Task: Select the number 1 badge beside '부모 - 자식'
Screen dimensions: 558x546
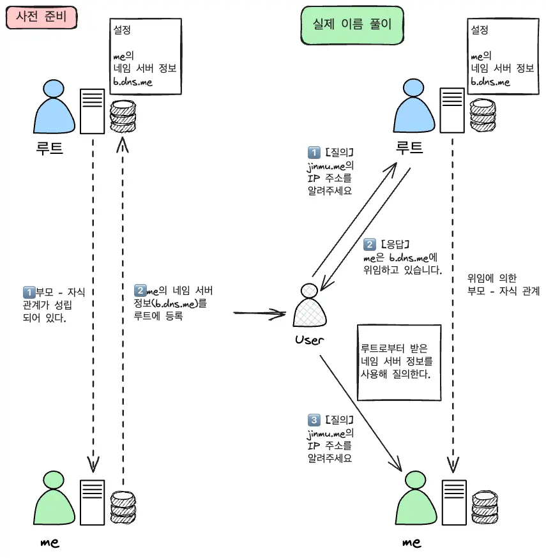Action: (27, 292)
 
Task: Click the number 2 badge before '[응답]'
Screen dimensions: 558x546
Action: (369, 245)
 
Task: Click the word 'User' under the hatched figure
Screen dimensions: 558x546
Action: (310, 340)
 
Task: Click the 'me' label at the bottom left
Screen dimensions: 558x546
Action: (50, 542)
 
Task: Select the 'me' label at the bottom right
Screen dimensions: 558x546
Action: (412, 543)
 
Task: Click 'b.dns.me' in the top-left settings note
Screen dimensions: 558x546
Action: (133, 82)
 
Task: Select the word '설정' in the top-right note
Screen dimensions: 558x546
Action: (480, 29)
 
